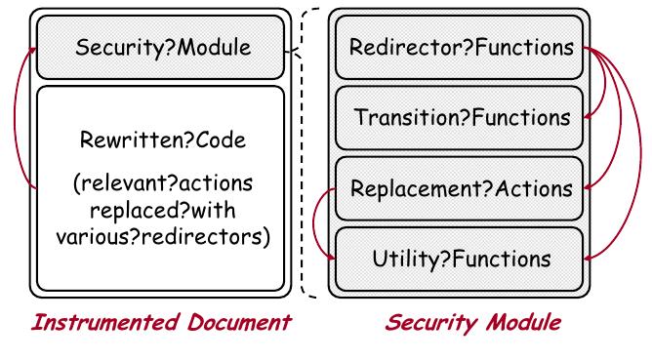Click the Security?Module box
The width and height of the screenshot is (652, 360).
159,48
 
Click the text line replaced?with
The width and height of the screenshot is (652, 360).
159,210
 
